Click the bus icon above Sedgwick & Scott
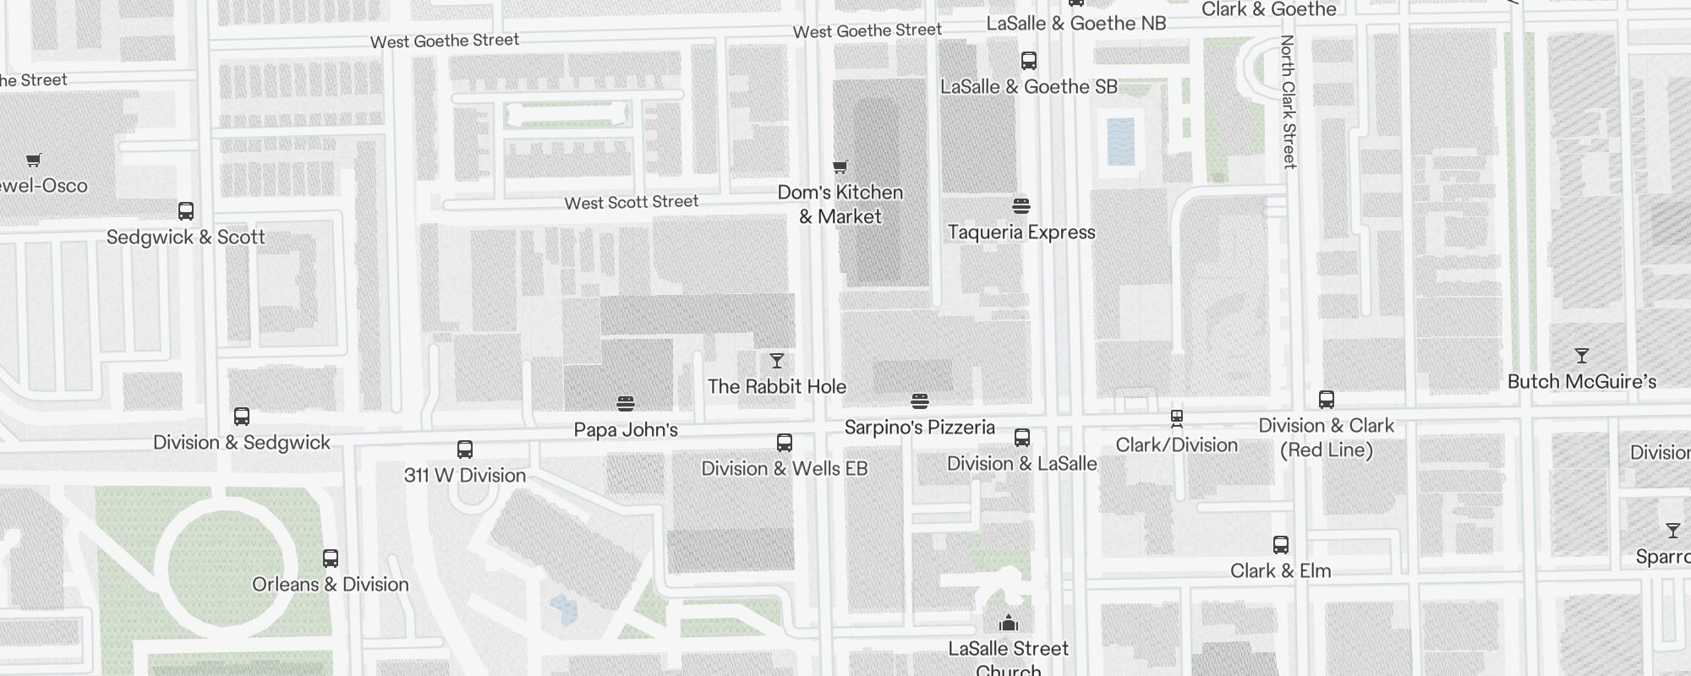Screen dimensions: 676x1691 (186, 211)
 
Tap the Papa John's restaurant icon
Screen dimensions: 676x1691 (626, 404)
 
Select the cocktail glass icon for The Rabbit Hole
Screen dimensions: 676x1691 (777, 362)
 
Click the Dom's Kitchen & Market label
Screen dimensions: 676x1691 (840, 204)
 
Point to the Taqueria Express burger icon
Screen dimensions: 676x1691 (1021, 206)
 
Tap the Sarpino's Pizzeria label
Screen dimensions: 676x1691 (919, 428)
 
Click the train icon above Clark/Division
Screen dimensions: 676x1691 (1176, 418)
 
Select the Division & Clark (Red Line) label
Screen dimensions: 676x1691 (1326, 438)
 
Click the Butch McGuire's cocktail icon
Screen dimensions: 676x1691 (1582, 356)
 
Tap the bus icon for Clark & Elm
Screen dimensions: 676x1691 (1281, 545)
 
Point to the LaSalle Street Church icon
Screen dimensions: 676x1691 (1008, 624)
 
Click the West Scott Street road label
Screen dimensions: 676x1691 (631, 203)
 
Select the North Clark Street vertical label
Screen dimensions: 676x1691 (1289, 101)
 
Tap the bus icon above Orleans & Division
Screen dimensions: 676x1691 (331, 559)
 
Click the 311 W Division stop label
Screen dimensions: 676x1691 (465, 476)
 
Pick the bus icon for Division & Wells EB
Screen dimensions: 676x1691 (785, 443)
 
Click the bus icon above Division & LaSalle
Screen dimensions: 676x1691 (1022, 438)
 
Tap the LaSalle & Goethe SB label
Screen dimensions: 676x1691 (1028, 87)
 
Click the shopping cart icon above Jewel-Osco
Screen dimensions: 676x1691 (34, 160)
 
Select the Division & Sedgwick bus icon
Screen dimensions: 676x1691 (242, 417)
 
